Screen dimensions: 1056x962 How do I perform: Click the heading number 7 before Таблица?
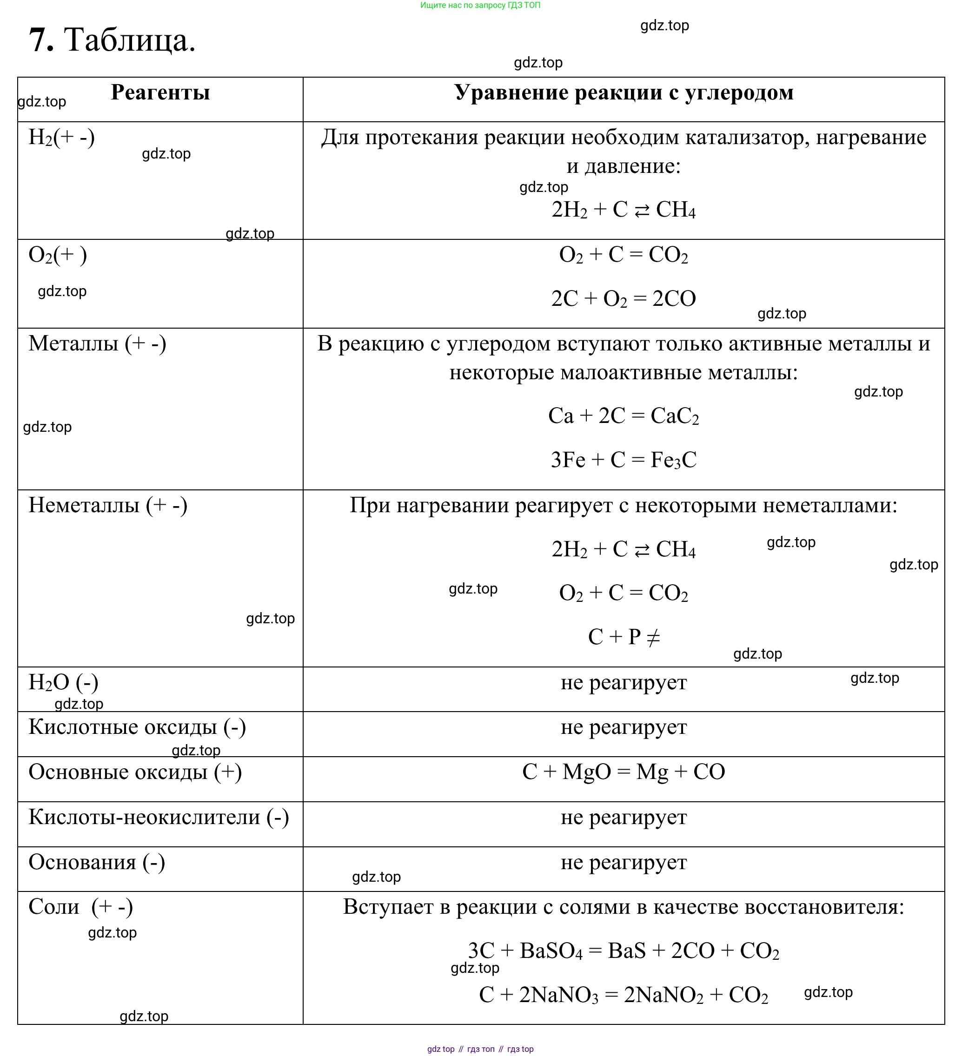click(41, 40)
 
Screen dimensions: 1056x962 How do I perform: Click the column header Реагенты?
click(160, 92)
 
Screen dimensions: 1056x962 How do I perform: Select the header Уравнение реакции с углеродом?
click(624, 92)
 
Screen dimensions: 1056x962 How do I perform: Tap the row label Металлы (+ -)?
click(98, 343)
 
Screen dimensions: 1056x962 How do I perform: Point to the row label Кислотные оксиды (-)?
click(137, 727)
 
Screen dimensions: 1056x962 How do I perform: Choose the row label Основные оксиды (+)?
click(135, 772)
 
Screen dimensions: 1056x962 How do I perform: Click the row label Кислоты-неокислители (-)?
click(159, 817)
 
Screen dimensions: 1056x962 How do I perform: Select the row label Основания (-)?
click(97, 862)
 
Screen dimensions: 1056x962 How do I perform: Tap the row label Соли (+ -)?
click(81, 907)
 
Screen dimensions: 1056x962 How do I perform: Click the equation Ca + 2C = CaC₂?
click(624, 416)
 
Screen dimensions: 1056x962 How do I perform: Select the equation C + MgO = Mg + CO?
click(624, 772)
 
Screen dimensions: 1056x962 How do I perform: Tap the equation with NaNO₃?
click(624, 995)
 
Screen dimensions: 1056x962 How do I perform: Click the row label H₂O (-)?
click(63, 682)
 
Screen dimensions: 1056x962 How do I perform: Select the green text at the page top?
click(480, 5)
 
